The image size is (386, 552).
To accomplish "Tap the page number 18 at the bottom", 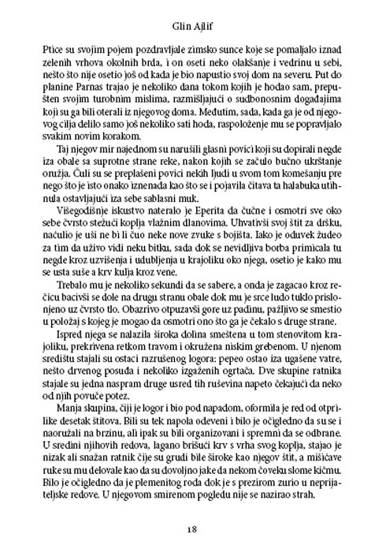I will click(x=192, y=528).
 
